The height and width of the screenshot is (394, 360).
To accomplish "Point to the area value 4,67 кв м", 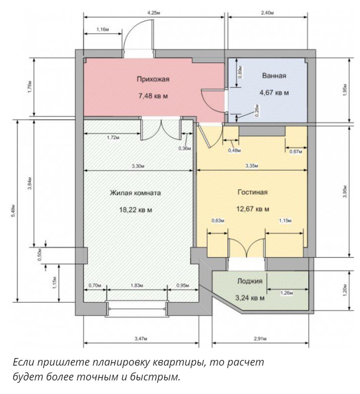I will (x=273, y=93).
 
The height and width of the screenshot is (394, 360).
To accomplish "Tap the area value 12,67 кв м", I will (x=252, y=209).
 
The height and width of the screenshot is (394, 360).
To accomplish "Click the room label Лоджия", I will (x=250, y=282).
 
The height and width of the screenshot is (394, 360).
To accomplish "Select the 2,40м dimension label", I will (x=267, y=13).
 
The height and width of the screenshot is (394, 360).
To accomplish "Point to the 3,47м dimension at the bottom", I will (x=141, y=339).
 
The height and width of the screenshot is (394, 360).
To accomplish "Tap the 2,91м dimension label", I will (x=260, y=339).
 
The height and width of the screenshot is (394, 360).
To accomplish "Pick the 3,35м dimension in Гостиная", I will (x=252, y=166).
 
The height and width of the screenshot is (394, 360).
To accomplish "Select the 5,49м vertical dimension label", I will (x=13, y=211).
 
